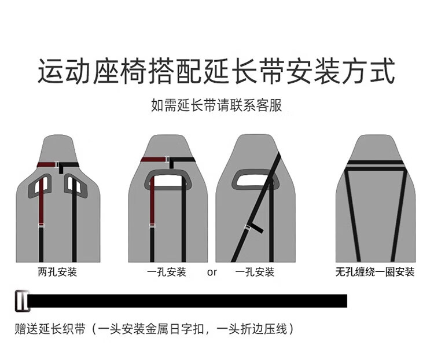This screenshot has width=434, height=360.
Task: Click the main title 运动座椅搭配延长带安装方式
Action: pyautogui.click(x=216, y=72)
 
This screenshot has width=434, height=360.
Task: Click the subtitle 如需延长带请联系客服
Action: pyautogui.click(x=216, y=105)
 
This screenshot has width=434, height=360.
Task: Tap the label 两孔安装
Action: pyautogui.click(x=57, y=271)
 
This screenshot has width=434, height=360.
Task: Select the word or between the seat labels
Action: pyautogui.click(x=212, y=272)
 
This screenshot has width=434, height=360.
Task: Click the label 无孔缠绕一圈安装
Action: pyautogui.click(x=375, y=271)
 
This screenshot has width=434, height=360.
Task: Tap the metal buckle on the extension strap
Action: pyautogui.click(x=22, y=301)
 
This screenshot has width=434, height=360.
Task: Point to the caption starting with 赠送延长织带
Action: pyautogui.click(x=155, y=329)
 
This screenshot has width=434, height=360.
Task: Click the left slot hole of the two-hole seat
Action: pyautogui.click(x=42, y=185)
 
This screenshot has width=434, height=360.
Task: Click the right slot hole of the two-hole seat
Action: pyautogui.click(x=74, y=185)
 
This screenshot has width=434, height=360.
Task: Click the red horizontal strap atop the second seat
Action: pyautogui.click(x=153, y=160)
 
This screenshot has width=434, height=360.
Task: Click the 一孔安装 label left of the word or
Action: pyautogui.click(x=167, y=271)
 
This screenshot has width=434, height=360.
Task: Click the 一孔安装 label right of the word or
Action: pyautogui.click(x=255, y=271)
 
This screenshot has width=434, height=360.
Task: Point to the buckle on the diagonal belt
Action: pyautogui.click(x=253, y=227)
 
